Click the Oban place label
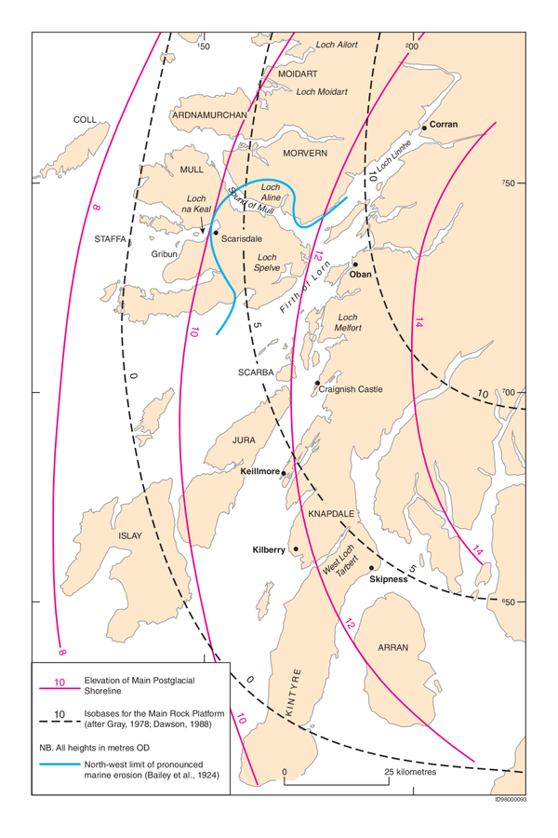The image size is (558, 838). (360, 275)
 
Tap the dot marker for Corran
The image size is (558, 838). (425, 127)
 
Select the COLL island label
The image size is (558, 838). (85, 120)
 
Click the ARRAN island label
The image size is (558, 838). (393, 645)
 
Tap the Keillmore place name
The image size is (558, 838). (259, 472)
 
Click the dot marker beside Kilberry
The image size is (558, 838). (296, 549)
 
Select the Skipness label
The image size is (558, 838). (388, 578)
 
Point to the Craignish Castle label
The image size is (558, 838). (351, 389)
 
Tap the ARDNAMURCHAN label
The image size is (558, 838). (209, 115)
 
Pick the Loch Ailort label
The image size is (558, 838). (337, 45)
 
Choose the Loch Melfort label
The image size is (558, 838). (346, 323)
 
